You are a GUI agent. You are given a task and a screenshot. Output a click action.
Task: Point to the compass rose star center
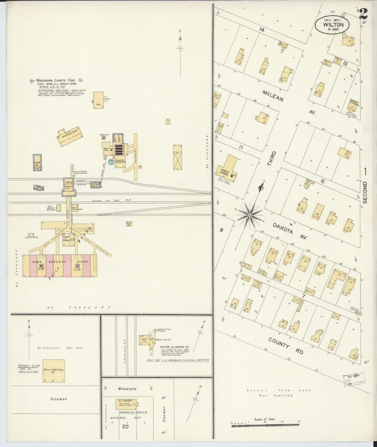250,215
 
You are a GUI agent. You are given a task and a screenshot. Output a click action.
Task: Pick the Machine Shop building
70,136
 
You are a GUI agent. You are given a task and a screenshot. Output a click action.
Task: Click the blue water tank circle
111,162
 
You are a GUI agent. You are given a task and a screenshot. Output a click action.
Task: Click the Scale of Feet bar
265,426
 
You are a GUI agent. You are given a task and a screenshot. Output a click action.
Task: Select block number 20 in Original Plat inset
125,426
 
